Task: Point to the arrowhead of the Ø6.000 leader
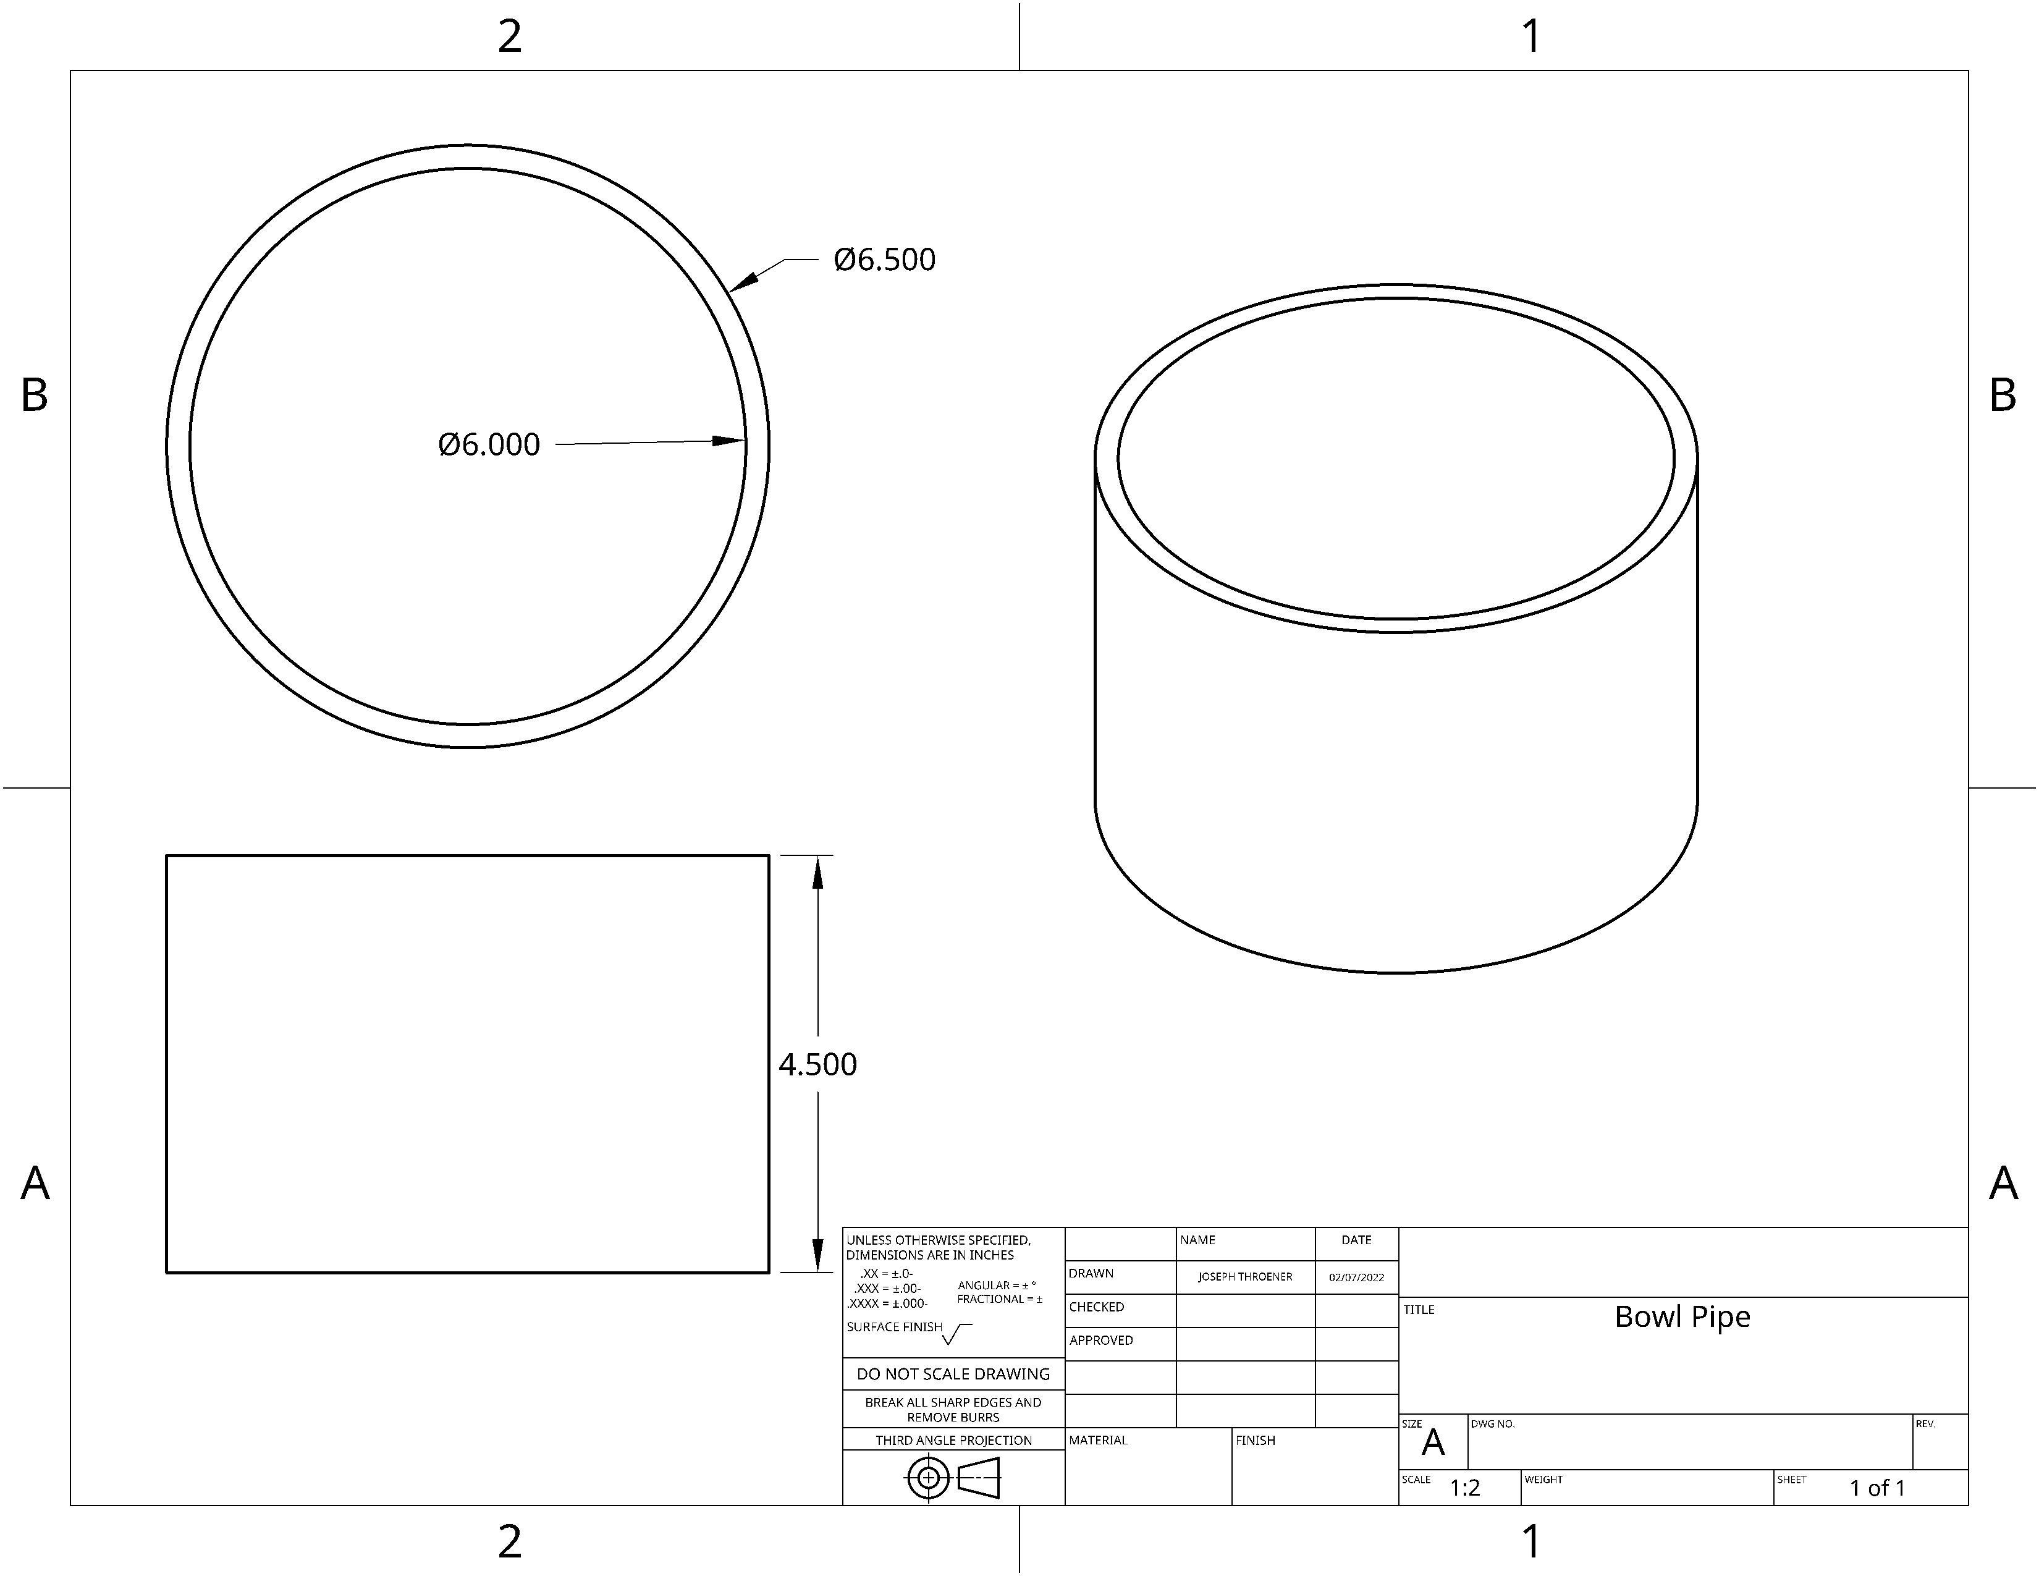pyautogui.click(x=730, y=441)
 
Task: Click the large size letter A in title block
pyautogui.click(x=1432, y=1443)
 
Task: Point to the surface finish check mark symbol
pyautogui.click(x=956, y=1334)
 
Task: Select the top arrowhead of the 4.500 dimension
pyautogui.click(x=818, y=872)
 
